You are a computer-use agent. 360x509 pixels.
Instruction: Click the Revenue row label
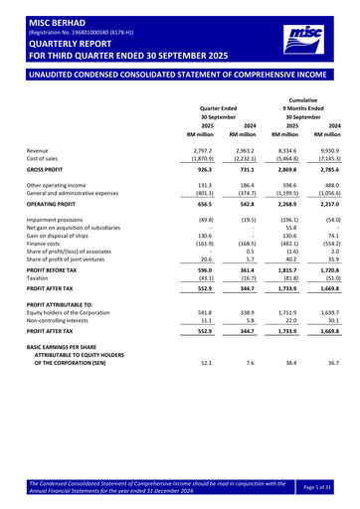coord(41,149)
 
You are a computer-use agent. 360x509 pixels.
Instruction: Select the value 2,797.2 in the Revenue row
coord(200,149)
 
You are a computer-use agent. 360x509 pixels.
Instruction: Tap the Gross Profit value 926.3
coord(203,170)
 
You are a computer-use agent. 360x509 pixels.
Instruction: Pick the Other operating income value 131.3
coord(203,185)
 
